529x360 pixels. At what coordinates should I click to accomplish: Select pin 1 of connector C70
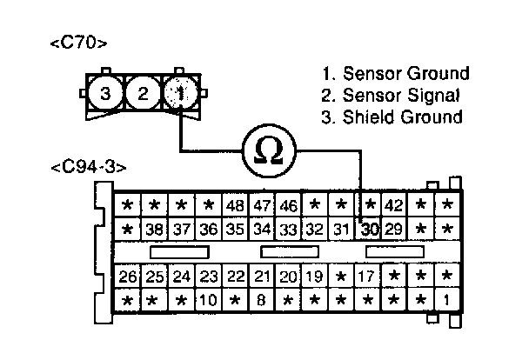178,94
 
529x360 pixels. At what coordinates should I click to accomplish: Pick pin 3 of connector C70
104,94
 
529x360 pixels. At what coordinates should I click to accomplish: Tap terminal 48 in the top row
234,206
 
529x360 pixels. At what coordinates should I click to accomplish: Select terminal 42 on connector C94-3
394,206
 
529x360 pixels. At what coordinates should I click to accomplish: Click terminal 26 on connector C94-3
127,277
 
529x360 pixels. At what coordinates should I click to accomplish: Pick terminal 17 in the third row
366,277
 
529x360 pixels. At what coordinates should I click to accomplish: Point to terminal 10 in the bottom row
207,300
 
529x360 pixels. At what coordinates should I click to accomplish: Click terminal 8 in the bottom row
261,300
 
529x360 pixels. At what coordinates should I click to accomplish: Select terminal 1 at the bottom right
446,300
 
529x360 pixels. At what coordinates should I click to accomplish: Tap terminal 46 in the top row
288,206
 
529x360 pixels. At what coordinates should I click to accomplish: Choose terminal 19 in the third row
315,277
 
